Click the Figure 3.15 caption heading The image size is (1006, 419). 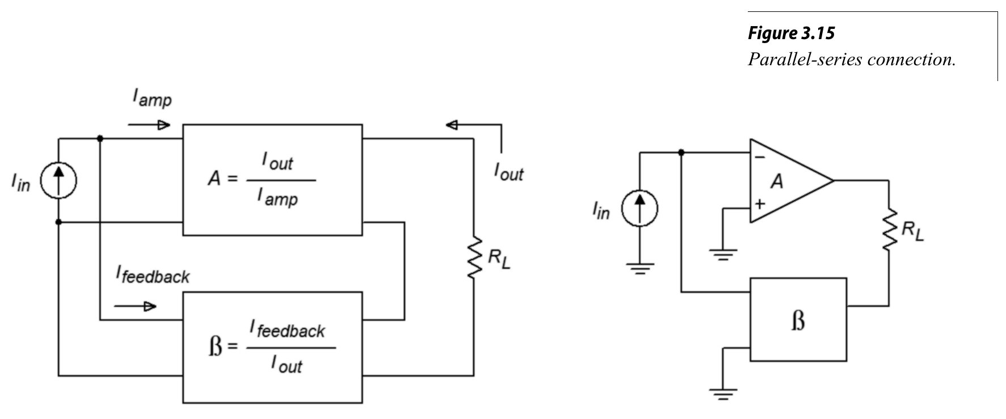click(791, 33)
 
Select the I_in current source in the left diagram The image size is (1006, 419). click(58, 181)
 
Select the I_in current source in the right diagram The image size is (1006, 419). click(639, 208)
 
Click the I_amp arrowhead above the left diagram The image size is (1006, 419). click(164, 125)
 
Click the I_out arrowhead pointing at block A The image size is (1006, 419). click(452, 125)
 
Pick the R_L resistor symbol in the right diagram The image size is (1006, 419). click(889, 228)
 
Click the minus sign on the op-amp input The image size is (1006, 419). click(760, 157)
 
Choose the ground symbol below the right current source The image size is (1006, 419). click(639, 266)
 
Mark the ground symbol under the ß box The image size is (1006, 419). click(723, 392)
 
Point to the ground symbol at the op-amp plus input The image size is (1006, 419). click(723, 253)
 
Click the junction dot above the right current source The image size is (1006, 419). click(681, 152)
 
